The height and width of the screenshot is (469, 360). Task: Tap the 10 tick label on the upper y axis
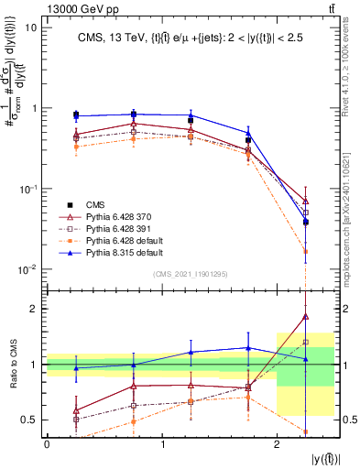pyautogui.click(x=30, y=27)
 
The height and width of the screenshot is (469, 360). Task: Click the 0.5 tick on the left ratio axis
pyautogui.click(x=31, y=420)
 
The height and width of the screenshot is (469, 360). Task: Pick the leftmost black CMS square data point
pyautogui.click(x=76, y=115)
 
